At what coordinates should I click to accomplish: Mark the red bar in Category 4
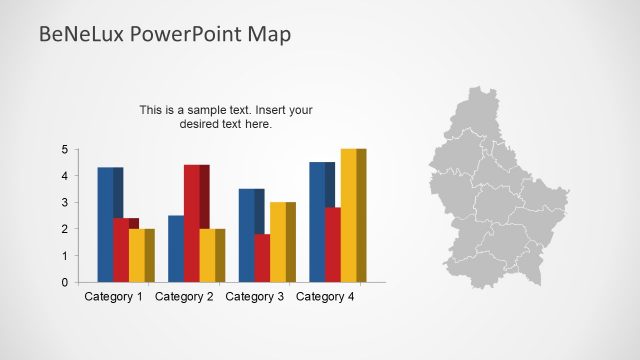click(x=333, y=245)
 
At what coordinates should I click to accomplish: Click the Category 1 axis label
click(x=113, y=297)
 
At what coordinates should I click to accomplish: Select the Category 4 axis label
click(x=326, y=297)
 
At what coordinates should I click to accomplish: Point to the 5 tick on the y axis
click(x=65, y=150)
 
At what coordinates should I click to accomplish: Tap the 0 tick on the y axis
click(x=65, y=282)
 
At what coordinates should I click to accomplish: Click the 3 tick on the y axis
click(x=65, y=203)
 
